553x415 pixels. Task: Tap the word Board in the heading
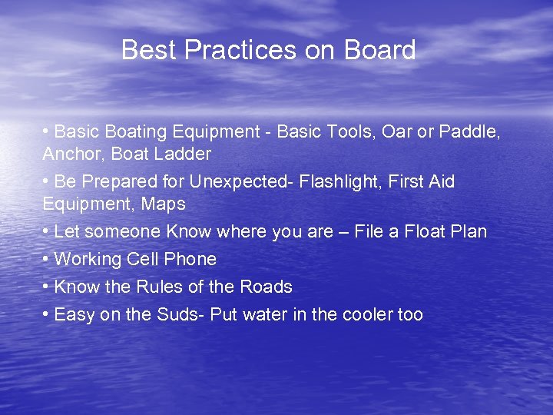click(x=379, y=51)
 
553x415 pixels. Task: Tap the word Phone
click(x=192, y=259)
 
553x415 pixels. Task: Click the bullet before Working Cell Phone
click(x=47, y=259)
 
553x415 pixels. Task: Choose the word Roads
click(x=266, y=287)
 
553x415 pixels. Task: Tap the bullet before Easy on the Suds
click(x=47, y=314)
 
